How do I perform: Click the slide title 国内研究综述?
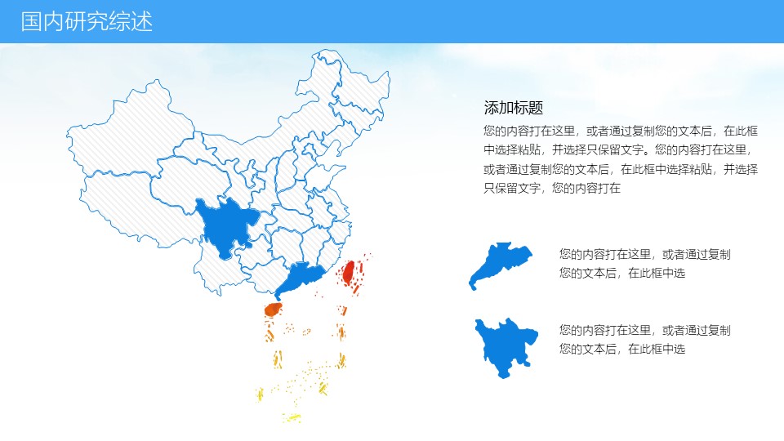(x=87, y=22)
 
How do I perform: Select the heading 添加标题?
(x=514, y=108)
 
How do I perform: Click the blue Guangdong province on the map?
(x=300, y=277)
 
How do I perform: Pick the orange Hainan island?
(x=273, y=310)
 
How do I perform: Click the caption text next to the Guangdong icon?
(x=644, y=263)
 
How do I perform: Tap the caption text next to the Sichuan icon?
(x=644, y=339)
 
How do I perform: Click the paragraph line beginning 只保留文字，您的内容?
(x=552, y=189)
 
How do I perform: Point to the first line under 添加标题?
(x=621, y=130)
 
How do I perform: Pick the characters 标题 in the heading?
(x=529, y=108)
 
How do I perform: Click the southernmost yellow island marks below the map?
(x=292, y=418)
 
